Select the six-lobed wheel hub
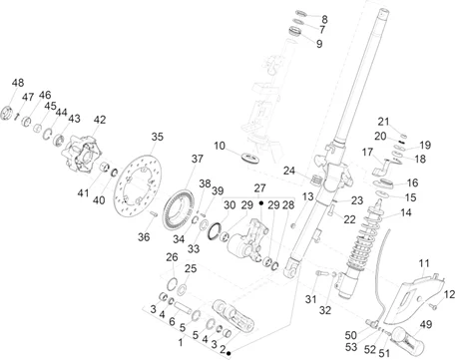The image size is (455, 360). click(81, 154)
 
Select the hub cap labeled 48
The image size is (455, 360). click(6, 112)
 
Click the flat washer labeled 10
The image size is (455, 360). click(251, 158)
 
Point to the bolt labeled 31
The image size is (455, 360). click(319, 278)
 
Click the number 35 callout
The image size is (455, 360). click(158, 137)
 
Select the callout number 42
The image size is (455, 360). click(100, 120)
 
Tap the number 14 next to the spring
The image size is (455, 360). click(406, 212)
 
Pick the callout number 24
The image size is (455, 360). click(289, 171)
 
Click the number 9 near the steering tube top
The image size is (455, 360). click(319, 44)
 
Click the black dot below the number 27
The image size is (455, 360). click(261, 202)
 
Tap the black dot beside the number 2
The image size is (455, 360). click(228, 354)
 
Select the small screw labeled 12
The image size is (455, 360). click(433, 306)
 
